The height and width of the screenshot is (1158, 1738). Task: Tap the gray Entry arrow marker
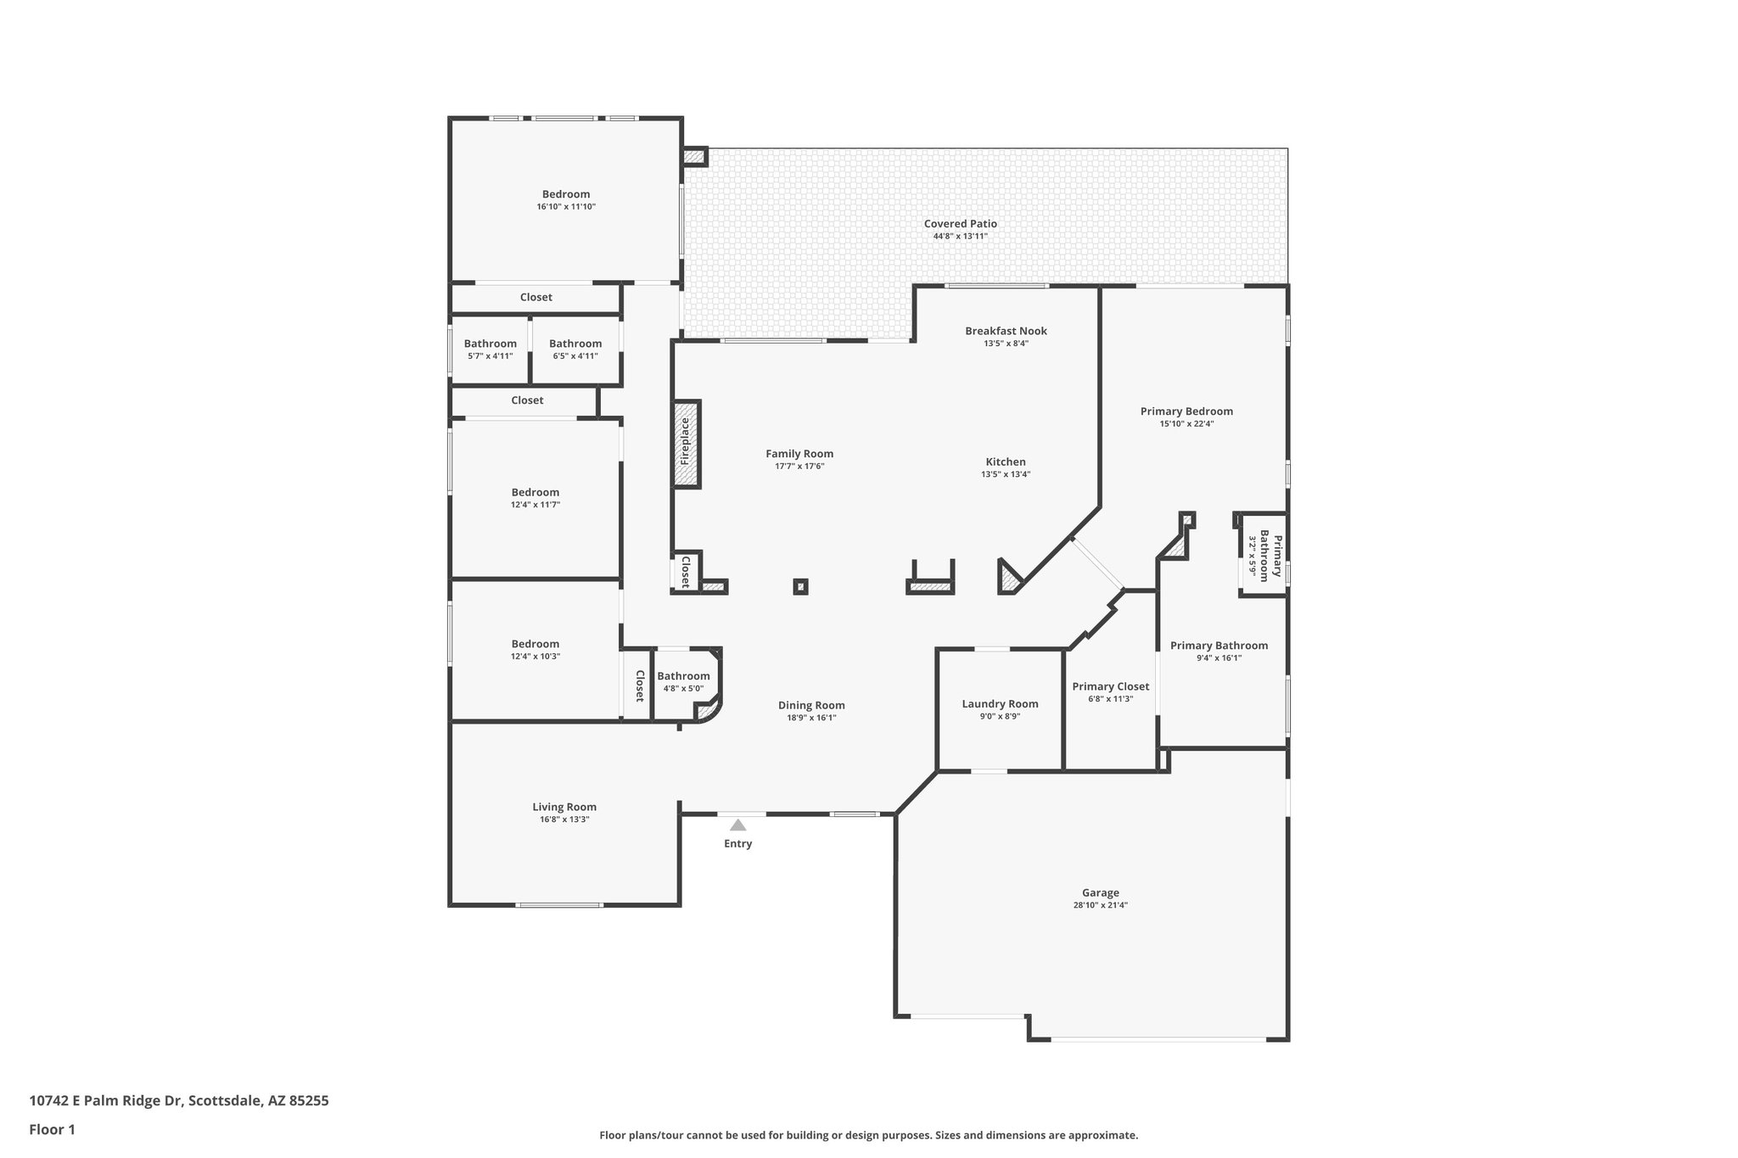pos(738,825)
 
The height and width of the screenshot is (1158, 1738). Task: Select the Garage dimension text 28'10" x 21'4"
pos(1100,905)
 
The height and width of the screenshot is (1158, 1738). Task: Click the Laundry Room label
pos(1000,704)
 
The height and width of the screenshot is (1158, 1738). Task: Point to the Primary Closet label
pos(1110,687)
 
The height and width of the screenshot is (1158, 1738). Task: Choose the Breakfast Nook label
pos(1006,331)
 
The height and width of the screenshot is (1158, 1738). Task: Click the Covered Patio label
pos(960,224)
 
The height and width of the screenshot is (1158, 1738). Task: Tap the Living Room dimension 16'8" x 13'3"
pos(564,820)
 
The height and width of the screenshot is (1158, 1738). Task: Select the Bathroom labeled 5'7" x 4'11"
pos(490,344)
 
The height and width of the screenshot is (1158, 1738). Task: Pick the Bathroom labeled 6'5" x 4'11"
pos(575,344)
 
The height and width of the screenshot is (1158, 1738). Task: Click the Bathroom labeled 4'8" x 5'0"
pos(683,677)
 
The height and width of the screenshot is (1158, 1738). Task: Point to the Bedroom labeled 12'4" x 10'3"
pos(535,645)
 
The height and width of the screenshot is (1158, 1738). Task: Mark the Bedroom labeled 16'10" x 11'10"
pos(566,195)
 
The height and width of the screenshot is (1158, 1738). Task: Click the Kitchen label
pos(1006,462)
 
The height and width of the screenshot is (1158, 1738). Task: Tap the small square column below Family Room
pos(800,586)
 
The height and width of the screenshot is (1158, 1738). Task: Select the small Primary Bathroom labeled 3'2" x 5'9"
pos(1264,555)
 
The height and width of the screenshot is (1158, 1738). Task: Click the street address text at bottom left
pos(179,1101)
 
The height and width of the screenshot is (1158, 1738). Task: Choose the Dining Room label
pos(811,706)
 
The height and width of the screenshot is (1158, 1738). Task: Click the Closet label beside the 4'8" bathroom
pos(640,685)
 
